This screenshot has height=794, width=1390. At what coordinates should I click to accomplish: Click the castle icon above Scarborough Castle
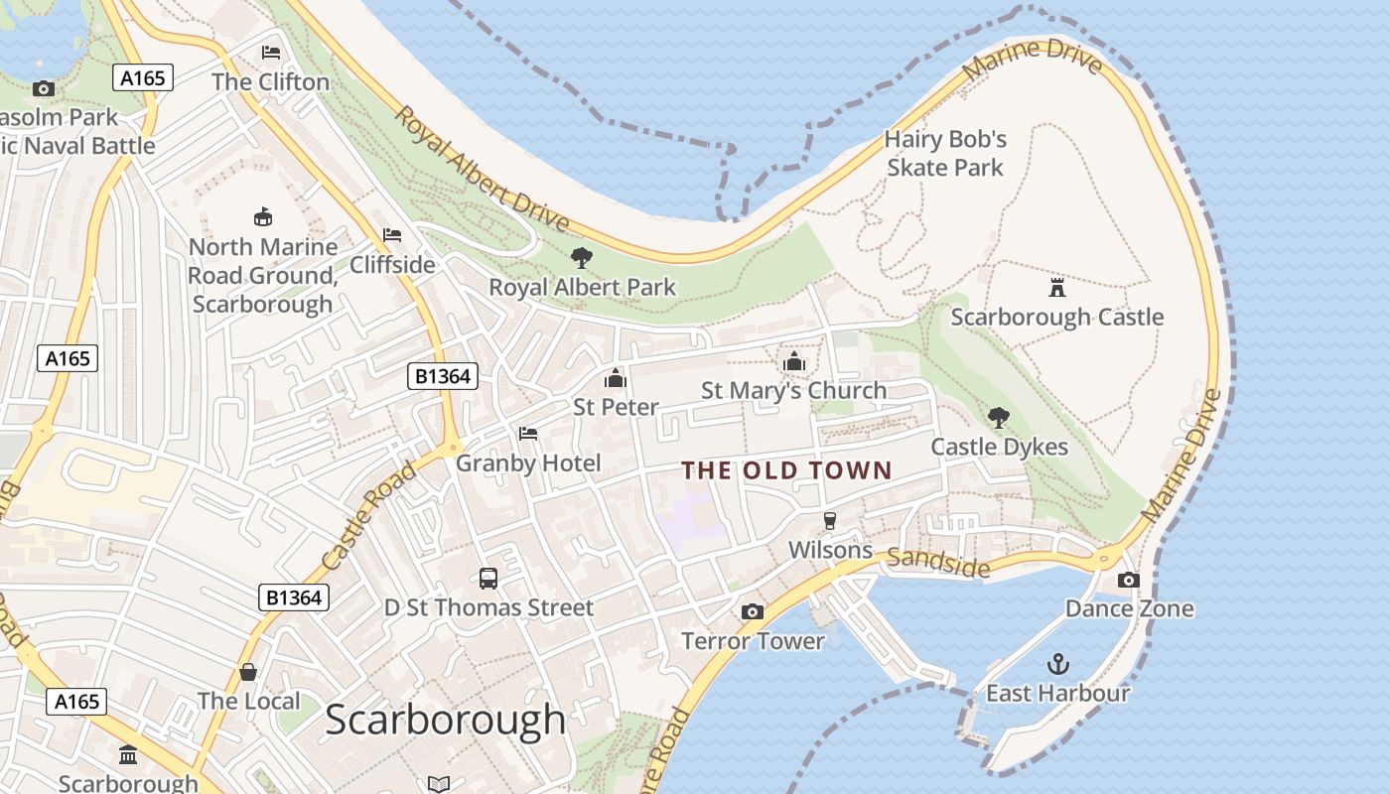pos(1057,288)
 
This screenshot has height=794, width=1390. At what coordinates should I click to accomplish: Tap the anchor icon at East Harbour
pos(1058,663)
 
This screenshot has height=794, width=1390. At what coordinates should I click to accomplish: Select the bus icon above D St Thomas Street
pos(487,578)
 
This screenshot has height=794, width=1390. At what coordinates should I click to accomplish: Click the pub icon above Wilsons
pos(830,521)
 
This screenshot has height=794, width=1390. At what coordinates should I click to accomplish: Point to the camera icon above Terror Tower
pos(753,611)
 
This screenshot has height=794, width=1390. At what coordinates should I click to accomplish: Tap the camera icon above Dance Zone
pos(1129,580)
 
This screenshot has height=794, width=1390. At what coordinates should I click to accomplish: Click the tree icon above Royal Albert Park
pos(582,258)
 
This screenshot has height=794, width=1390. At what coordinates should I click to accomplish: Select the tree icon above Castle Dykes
pos(999,418)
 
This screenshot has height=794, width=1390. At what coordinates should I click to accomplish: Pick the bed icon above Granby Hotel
pos(528,434)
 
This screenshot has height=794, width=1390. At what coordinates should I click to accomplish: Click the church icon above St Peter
pos(616,378)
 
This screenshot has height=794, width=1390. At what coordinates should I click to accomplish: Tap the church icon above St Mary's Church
pos(793,361)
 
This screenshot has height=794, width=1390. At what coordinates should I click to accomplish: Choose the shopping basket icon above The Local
pos(248,672)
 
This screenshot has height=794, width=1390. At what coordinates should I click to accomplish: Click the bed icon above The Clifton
pos(270,53)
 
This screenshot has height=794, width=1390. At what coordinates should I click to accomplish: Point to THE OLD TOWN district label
pos(786,470)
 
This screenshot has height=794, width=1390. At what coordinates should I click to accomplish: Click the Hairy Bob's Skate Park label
pos(945,154)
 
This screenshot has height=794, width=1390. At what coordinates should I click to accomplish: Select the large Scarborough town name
pos(445,720)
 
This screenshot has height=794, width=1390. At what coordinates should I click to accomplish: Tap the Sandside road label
pos(938,563)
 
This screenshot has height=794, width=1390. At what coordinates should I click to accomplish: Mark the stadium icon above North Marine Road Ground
pos(263,216)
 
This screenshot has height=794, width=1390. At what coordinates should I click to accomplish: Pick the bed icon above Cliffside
pos(392,235)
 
